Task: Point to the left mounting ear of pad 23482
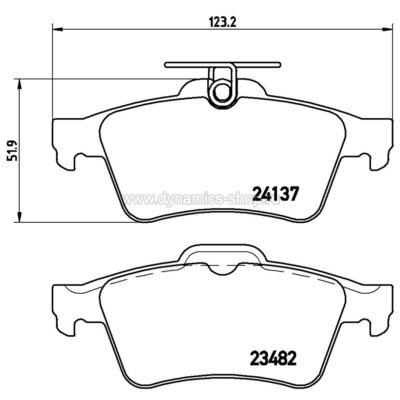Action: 62,311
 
